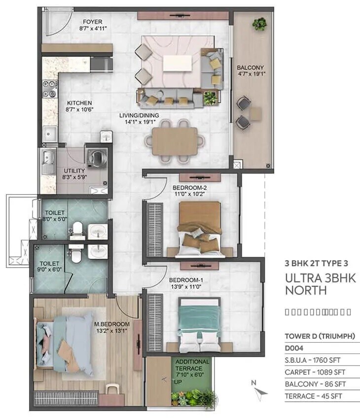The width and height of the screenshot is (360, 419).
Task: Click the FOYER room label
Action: tap(92, 22)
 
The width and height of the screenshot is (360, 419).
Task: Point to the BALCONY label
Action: tap(250, 68)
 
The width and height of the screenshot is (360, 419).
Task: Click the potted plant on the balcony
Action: tap(259, 23)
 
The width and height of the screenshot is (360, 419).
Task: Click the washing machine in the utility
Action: tap(96, 157)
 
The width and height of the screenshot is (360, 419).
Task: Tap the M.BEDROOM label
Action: tap(111, 324)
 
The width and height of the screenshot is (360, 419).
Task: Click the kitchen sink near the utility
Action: tap(49, 133)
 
